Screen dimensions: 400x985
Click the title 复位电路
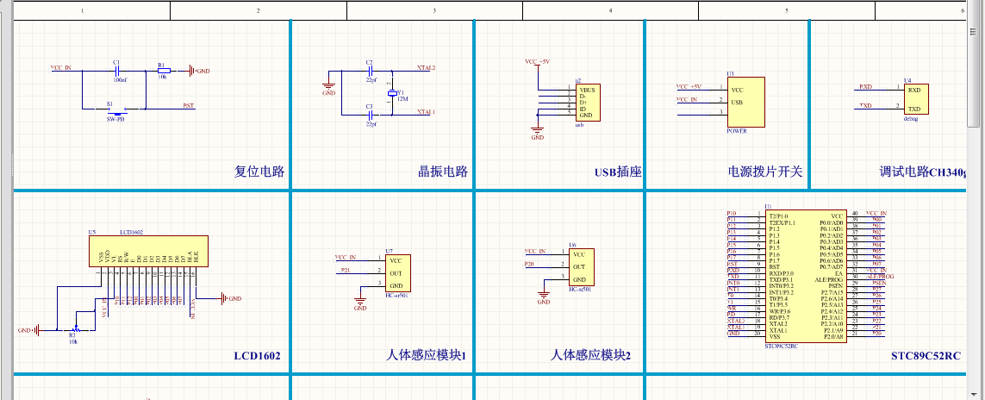pyautogui.click(x=259, y=172)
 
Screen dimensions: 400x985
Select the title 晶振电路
pyautogui.click(x=443, y=172)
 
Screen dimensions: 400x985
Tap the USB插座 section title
pyautogui.click(x=618, y=172)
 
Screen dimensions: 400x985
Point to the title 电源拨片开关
pyautogui.click(x=765, y=172)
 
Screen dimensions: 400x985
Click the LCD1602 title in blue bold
pyautogui.click(x=257, y=355)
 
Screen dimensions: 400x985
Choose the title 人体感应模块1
pyautogui.click(x=426, y=355)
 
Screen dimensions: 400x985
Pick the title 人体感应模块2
pyautogui.click(x=591, y=355)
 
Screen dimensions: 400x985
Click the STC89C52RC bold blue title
pyautogui.click(x=926, y=355)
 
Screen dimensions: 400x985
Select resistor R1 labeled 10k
pyautogui.click(x=163, y=71)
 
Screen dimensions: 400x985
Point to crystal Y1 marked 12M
pyautogui.click(x=393, y=92)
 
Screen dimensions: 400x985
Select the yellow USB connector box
pyautogui.click(x=584, y=102)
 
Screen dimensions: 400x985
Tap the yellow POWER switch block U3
pyautogui.click(x=746, y=101)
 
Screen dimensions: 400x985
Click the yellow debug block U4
pyautogui.click(x=914, y=98)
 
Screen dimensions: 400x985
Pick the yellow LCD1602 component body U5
pyautogui.click(x=150, y=250)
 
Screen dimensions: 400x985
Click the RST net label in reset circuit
pyautogui.click(x=188, y=106)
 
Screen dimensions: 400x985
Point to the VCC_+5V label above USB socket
pyautogui.click(x=538, y=62)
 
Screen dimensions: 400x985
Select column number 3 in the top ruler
pyautogui.click(x=434, y=10)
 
